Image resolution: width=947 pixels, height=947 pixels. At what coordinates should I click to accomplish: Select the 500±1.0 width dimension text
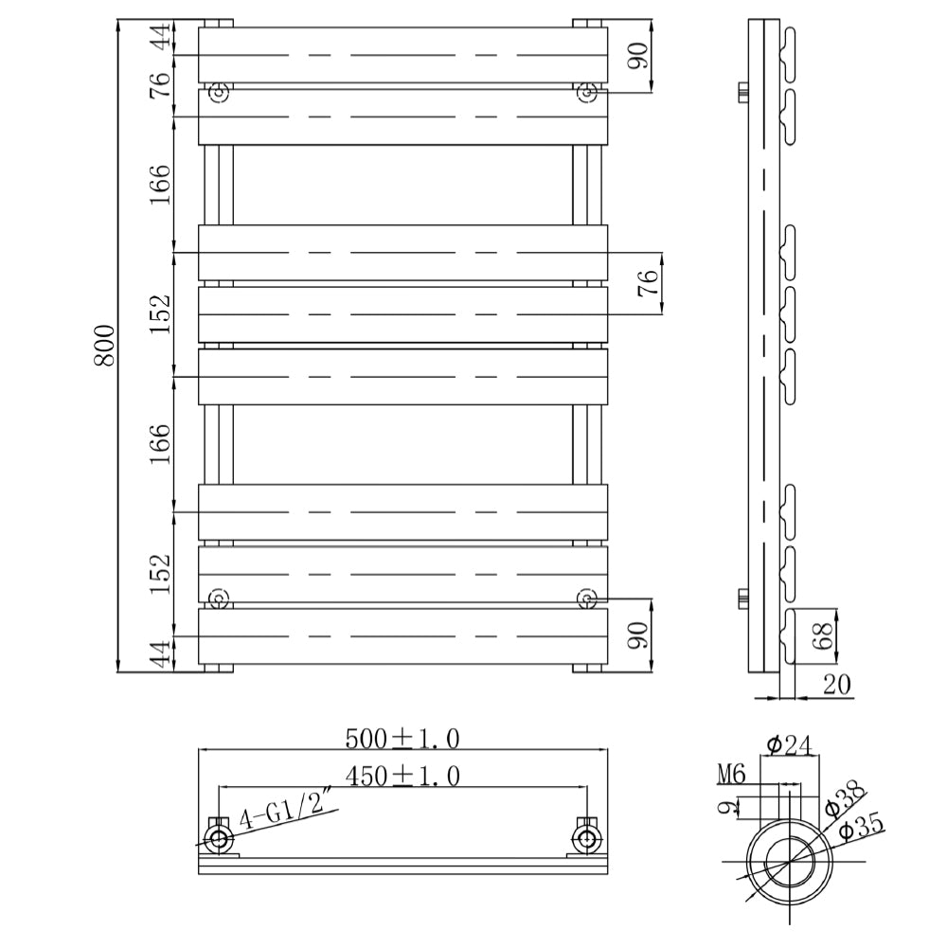(x=402, y=738)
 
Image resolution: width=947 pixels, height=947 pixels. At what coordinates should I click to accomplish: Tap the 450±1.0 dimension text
(x=402, y=777)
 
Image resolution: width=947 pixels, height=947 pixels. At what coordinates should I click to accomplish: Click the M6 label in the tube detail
(x=731, y=775)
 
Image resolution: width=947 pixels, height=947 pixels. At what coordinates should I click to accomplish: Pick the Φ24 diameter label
(x=790, y=745)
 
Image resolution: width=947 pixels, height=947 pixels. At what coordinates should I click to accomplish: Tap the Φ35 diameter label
(x=861, y=828)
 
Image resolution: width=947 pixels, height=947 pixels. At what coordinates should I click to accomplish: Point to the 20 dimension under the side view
(x=838, y=685)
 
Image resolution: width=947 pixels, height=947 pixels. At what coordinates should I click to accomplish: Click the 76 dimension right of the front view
(x=648, y=283)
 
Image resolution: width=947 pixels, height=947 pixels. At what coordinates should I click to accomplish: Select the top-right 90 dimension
(x=638, y=56)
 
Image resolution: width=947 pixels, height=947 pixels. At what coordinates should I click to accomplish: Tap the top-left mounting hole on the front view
(x=220, y=92)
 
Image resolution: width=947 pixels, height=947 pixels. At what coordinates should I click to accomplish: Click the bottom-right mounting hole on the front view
(x=586, y=599)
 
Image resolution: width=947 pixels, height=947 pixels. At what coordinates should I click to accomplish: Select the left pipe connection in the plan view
(x=219, y=837)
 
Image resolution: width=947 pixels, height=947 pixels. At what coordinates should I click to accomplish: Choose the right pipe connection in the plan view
(x=587, y=837)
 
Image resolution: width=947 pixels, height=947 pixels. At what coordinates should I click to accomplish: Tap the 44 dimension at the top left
(x=162, y=39)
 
